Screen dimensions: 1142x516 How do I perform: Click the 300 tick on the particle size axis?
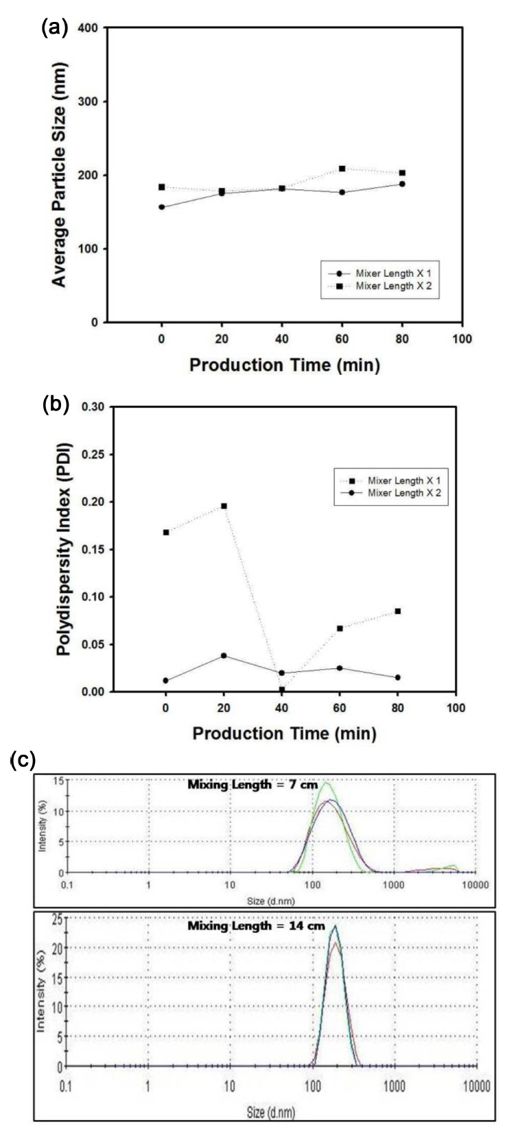pyautogui.click(x=91, y=101)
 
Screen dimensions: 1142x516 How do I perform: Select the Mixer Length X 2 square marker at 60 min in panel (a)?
pyautogui.click(x=342, y=168)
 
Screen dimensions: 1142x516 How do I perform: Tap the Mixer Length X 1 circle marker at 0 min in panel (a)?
pyautogui.click(x=161, y=207)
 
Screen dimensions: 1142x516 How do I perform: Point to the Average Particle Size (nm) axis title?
pyautogui.click(x=60, y=175)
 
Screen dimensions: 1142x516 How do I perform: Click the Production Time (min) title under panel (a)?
pyautogui.click(x=284, y=365)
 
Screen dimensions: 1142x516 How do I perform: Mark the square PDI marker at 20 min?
pyautogui.click(x=224, y=506)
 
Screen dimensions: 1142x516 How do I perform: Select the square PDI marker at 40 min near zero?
pyautogui.click(x=282, y=690)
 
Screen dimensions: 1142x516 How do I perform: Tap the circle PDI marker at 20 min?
pyautogui.click(x=224, y=655)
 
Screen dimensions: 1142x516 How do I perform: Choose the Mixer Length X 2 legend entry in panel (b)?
pyautogui.click(x=397, y=493)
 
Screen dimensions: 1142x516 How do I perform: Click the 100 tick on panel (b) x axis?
pyautogui.click(x=455, y=708)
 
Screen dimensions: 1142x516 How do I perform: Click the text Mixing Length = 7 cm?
pyautogui.click(x=253, y=785)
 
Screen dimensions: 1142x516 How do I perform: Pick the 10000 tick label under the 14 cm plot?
pyautogui.click(x=476, y=1087)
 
